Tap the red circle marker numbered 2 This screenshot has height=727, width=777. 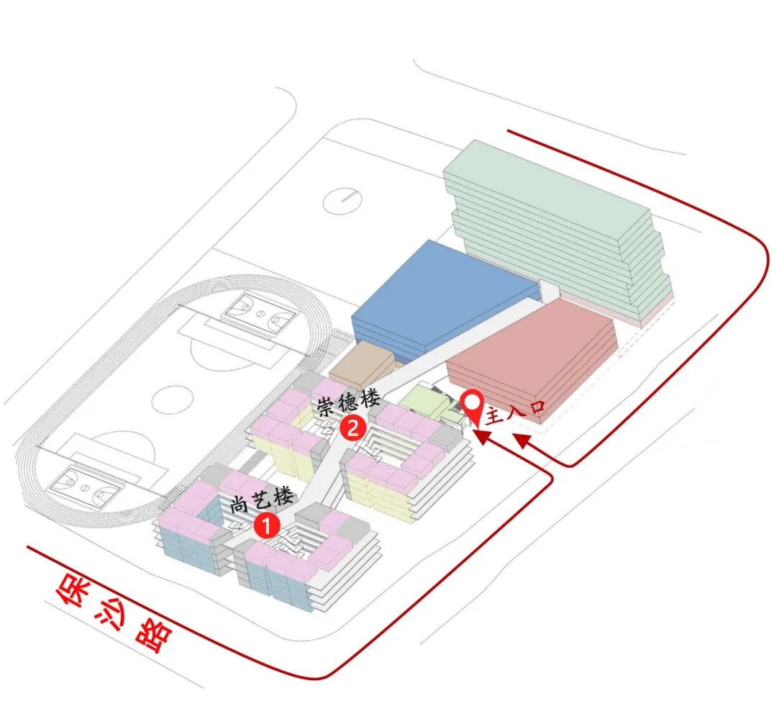coord(353,428)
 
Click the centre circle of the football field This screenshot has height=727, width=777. coord(172,399)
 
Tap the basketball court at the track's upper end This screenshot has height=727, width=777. coord(258,313)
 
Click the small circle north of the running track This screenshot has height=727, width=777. coord(343,199)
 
